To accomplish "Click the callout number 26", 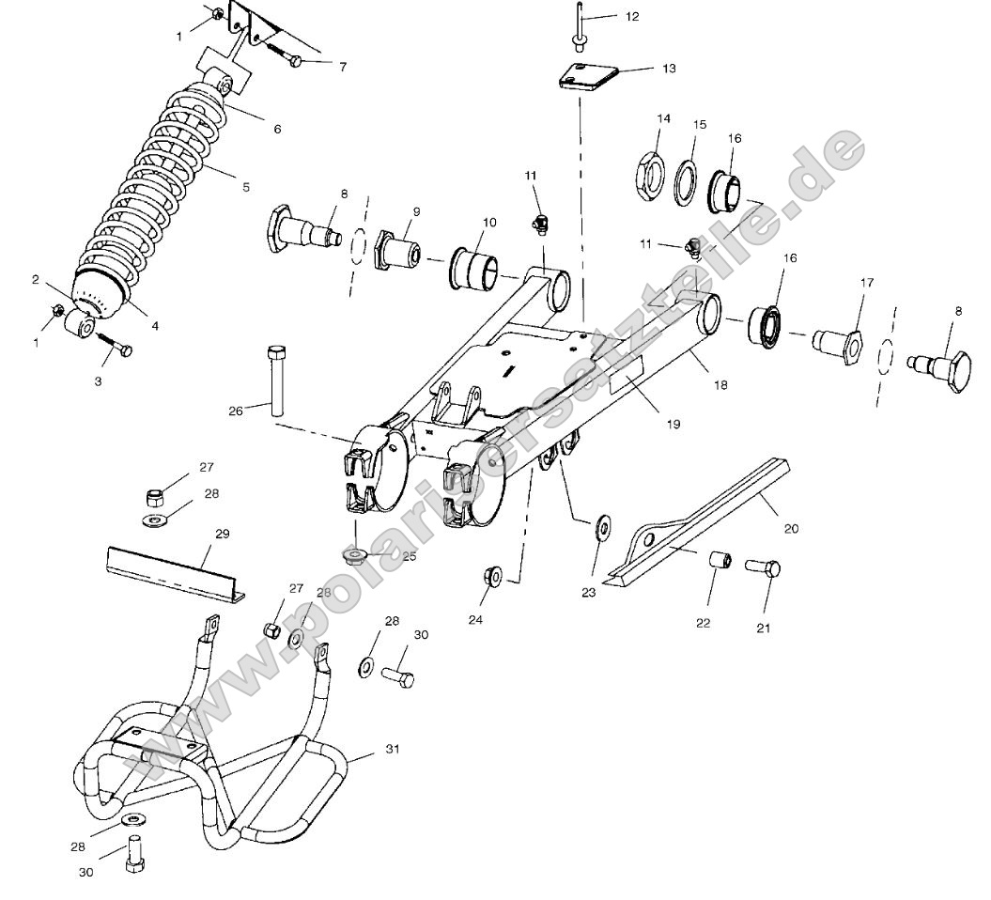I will [235, 410].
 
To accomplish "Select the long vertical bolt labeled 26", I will [275, 380].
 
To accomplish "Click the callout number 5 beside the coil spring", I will [246, 187].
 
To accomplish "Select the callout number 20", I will [791, 528].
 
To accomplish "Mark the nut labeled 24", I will [490, 575].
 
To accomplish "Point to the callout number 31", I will [393, 750].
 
